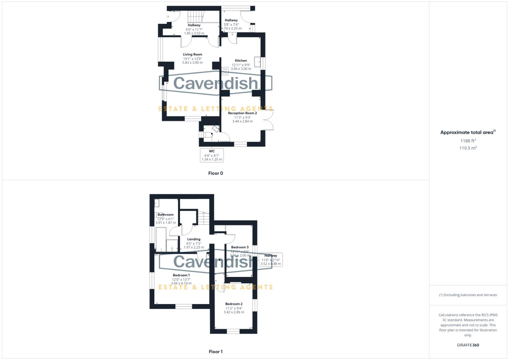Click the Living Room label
pyautogui.click(x=192, y=54)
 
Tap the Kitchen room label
pyautogui.click(x=241, y=61)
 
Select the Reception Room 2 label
pyautogui.click(x=242, y=113)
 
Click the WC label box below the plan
pyautogui.click(x=212, y=155)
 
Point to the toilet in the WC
pyautogui.click(x=209, y=135)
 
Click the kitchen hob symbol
pyautogui.click(x=225, y=71)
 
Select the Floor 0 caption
pyautogui.click(x=215, y=173)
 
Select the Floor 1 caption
pyautogui.click(x=215, y=352)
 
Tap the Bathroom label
pyautogui.click(x=166, y=215)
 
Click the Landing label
pyautogui.click(x=194, y=239)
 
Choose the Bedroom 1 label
pyautogui.click(x=181, y=275)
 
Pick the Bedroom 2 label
pyautogui.click(x=234, y=304)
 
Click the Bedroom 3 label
pyautogui.click(x=240, y=247)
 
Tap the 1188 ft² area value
pyautogui.click(x=468, y=141)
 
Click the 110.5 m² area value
pyautogui.click(x=468, y=148)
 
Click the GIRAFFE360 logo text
pyautogui.click(x=468, y=345)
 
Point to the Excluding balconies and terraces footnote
pyautogui.click(x=468, y=295)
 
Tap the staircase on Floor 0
pyautogui.click(x=195, y=16)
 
